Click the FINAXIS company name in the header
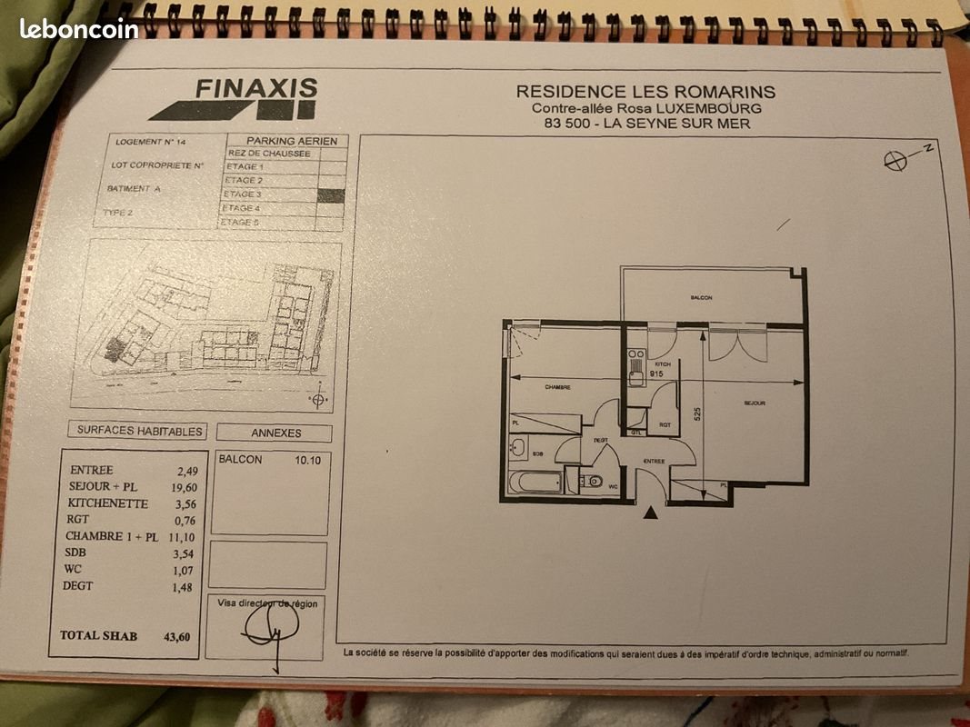[257, 89]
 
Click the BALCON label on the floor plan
[700, 298]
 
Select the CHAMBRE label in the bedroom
[557, 387]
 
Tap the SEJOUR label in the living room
[754, 403]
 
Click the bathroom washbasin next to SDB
[517, 446]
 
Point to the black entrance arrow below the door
[650, 514]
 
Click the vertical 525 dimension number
[697, 412]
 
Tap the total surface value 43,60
[177, 637]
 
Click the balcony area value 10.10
[307, 460]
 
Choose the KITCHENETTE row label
[106, 503]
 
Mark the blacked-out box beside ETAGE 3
[332, 194]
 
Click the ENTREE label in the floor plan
[655, 462]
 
